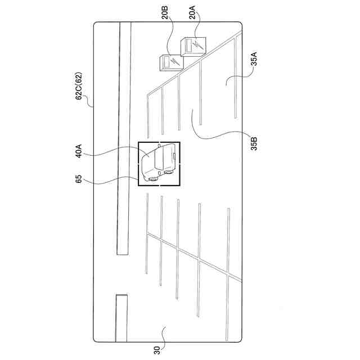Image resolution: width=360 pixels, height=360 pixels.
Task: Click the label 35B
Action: pyautogui.click(x=254, y=142)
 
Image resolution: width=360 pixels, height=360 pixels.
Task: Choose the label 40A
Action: pyautogui.click(x=79, y=152)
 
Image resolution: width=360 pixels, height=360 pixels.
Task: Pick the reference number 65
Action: pyautogui.click(x=79, y=181)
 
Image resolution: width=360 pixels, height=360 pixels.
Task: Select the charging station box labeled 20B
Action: pyautogui.click(x=169, y=62)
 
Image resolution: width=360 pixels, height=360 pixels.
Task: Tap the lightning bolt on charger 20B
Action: pyautogui.click(x=174, y=60)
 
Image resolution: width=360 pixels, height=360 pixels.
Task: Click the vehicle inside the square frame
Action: pyautogui.click(x=159, y=163)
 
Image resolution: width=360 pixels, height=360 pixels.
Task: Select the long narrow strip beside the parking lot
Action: pyautogui.click(x=124, y=141)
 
